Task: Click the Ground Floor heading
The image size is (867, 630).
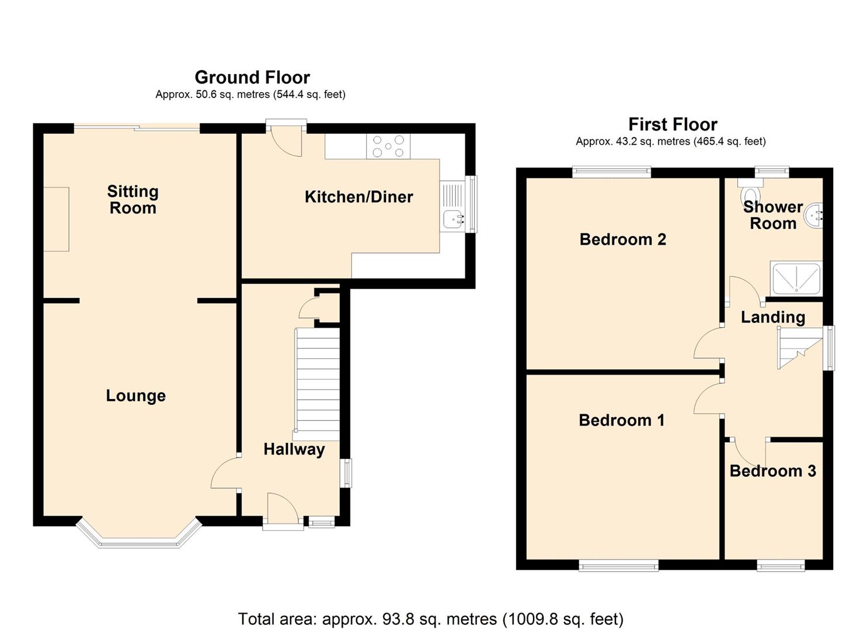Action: point(252,77)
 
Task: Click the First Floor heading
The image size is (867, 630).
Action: point(673,124)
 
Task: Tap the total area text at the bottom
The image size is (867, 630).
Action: point(430,618)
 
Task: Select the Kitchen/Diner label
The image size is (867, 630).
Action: point(358,197)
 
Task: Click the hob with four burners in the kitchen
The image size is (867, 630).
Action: point(388,146)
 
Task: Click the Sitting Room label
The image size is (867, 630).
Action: point(133,199)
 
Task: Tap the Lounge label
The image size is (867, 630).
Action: point(135,395)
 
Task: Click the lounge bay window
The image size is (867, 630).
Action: point(139,540)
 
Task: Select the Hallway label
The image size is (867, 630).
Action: point(294,449)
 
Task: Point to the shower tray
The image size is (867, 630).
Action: point(796,278)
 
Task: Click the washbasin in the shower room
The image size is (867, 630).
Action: point(814,216)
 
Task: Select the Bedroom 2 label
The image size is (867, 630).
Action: point(622,239)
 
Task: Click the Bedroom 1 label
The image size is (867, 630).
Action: point(621,420)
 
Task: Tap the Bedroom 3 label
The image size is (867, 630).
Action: point(772,471)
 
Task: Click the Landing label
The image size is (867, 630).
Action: point(772,317)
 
